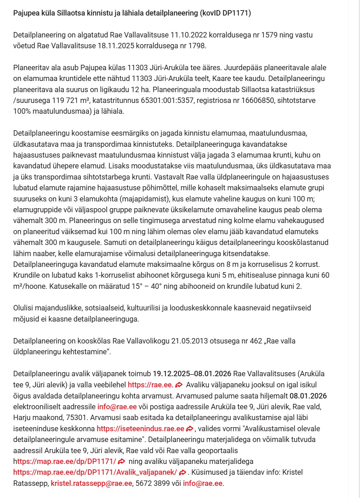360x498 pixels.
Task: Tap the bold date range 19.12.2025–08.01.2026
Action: pos(192,374)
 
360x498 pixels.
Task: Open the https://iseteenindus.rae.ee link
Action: pos(140,429)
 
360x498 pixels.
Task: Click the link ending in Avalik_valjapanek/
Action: pos(95,472)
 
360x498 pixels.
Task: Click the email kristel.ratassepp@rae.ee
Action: pos(92,483)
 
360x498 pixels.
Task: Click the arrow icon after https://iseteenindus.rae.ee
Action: pos(190,429)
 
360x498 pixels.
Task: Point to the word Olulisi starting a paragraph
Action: pos(24,308)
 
